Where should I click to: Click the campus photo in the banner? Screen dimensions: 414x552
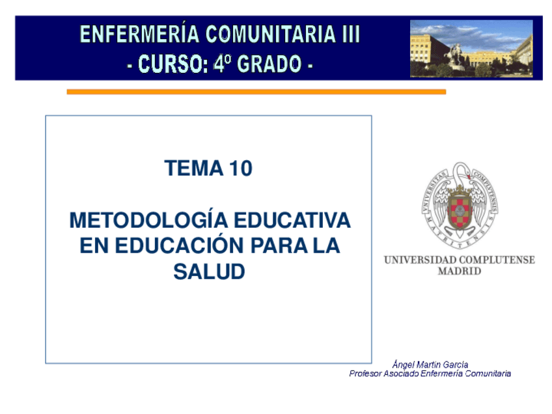[x=471, y=48]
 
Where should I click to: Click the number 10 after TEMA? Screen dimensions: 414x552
[x=240, y=169]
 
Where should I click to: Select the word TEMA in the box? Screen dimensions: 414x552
[x=193, y=169]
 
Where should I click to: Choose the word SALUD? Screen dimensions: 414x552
[x=209, y=273]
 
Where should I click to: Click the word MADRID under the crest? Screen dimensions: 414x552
[x=460, y=271]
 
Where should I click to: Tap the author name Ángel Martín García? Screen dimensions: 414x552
[x=430, y=365]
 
